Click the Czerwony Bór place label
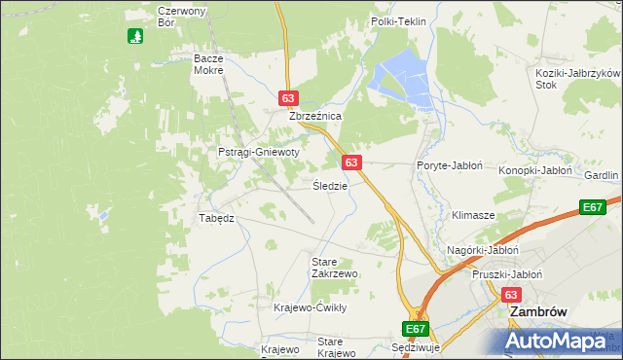[x=180, y=17]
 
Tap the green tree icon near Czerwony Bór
[x=136, y=36]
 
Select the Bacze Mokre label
[x=208, y=64]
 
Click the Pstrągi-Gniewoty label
[x=258, y=153]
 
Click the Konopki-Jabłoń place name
[x=535, y=170]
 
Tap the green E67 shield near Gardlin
[x=593, y=206]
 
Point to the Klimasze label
[x=473, y=214]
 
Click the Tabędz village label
[x=216, y=218]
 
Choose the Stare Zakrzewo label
[x=334, y=268]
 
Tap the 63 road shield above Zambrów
[x=512, y=294]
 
